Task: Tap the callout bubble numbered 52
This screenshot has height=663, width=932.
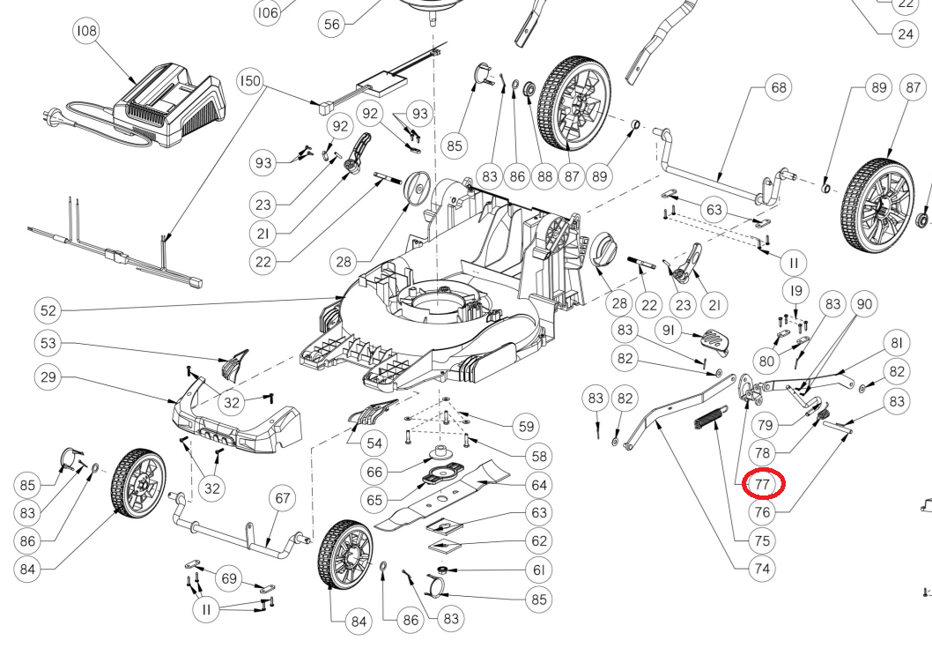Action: [48, 310]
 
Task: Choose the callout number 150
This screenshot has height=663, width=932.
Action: [250, 82]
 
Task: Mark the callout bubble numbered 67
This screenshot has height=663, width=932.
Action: [282, 498]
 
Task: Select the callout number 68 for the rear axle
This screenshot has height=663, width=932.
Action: [778, 87]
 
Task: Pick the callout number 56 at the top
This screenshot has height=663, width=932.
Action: [331, 25]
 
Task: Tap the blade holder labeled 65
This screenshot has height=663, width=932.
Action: [440, 476]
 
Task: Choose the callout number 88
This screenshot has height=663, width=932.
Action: [544, 175]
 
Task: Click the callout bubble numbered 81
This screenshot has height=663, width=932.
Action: [897, 343]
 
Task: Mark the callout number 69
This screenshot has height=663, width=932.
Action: [229, 578]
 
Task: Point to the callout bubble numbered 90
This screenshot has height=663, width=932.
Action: [864, 304]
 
